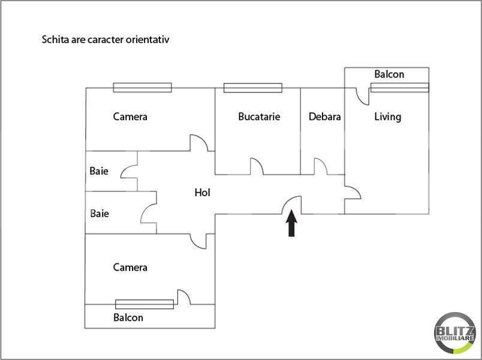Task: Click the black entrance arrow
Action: coord(291,223)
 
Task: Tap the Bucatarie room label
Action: coord(259,116)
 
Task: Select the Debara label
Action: coord(324,116)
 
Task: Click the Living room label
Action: coord(388,117)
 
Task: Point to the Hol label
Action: coord(202,193)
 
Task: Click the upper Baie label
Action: coord(99,171)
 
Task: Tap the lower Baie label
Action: coord(100,213)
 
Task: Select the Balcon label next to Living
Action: coord(389,74)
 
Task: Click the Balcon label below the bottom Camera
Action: coord(128,317)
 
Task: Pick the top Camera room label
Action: coord(130,116)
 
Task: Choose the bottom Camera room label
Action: coord(130,267)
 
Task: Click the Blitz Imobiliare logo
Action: coord(455,332)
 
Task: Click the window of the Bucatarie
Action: coord(252,88)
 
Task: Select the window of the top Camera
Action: coord(142,88)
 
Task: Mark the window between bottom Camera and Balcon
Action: coord(144,304)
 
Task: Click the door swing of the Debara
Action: coord(321,166)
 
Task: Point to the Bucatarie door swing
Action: coord(257,166)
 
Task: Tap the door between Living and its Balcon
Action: coord(363,97)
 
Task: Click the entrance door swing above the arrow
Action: coord(292,205)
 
